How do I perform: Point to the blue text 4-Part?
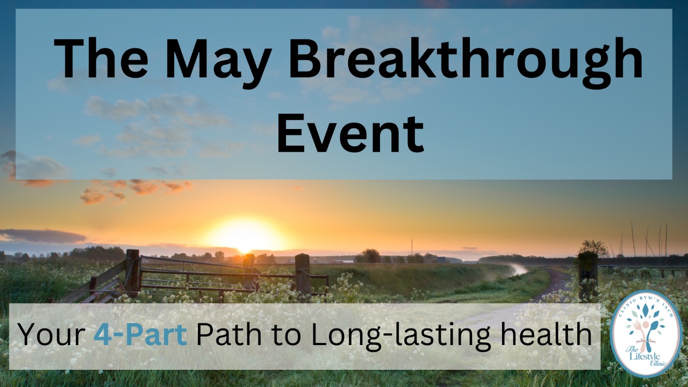tap(140, 335)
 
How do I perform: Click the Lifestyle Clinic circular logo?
tap(646, 333)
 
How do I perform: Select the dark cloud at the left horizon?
tap(43, 235)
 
